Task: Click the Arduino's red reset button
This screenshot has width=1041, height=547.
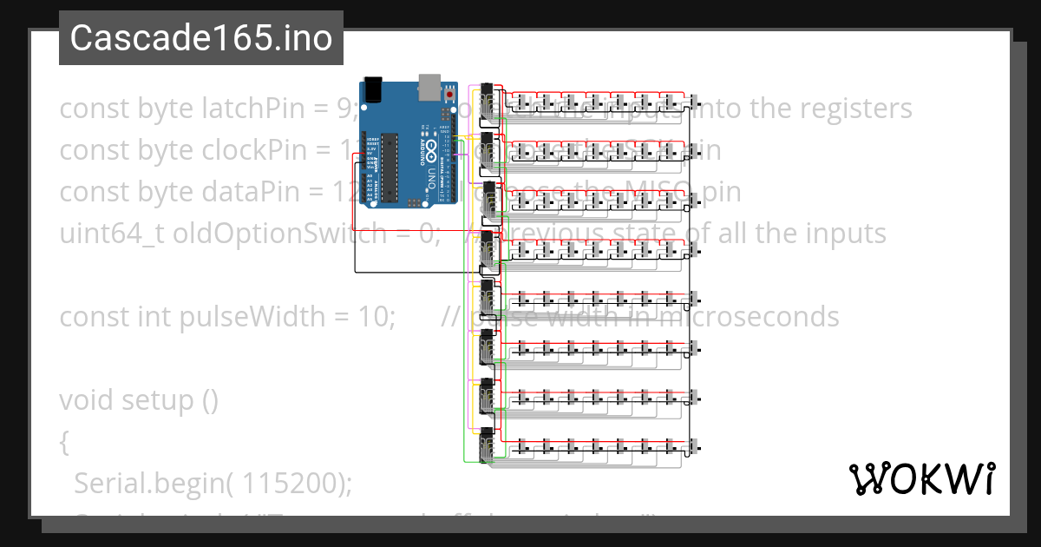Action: [x=449, y=93]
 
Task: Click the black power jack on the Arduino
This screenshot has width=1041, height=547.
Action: [x=373, y=88]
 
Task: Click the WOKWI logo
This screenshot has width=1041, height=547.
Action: [x=921, y=478]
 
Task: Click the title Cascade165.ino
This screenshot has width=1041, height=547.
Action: [x=201, y=38]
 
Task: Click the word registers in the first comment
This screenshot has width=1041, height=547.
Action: [x=841, y=109]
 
